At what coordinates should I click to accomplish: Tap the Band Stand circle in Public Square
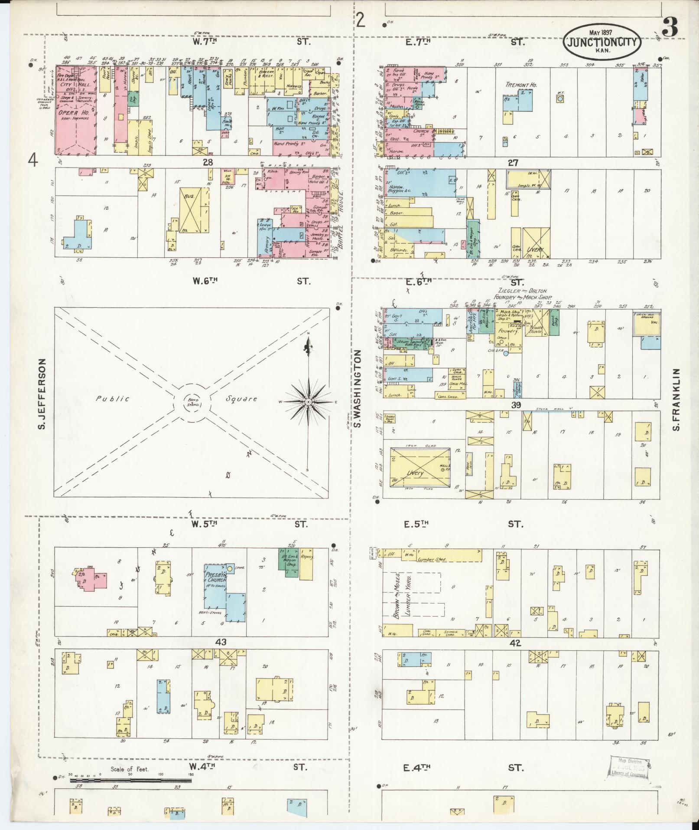[x=193, y=402]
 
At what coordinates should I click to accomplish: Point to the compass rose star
[x=308, y=402]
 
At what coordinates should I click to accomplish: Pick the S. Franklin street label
[x=676, y=400]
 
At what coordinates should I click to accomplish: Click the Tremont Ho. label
[x=521, y=85]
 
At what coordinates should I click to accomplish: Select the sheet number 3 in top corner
[x=670, y=28]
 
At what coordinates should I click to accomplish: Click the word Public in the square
[x=112, y=398]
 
